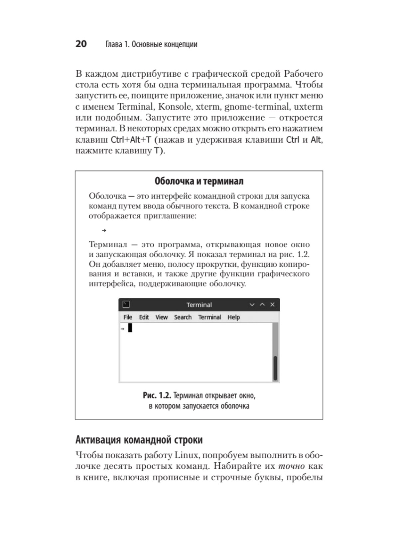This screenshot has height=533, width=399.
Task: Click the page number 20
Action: coord(81,44)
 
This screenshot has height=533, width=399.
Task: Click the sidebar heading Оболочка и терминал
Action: coord(199,181)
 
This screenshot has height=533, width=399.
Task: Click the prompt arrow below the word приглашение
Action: coord(104,230)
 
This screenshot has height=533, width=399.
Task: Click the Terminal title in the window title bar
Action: coord(199,305)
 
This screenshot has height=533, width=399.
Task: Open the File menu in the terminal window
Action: coord(128,317)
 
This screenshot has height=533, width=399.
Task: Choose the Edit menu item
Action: coord(144,317)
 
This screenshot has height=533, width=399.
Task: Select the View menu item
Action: coord(161,317)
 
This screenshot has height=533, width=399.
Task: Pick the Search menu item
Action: coord(183,317)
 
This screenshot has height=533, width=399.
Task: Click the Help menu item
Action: coord(233,317)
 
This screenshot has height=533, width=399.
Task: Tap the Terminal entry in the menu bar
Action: coord(209,317)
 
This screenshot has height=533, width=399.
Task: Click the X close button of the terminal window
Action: coord(272,304)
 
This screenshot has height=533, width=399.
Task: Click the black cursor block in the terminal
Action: coord(130,328)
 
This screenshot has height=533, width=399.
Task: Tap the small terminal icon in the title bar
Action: coord(126,304)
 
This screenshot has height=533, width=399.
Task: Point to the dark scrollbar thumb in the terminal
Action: coord(275,368)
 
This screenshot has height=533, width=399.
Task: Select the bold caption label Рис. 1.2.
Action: coord(157,396)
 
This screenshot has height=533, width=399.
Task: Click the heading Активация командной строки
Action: coord(139,440)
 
